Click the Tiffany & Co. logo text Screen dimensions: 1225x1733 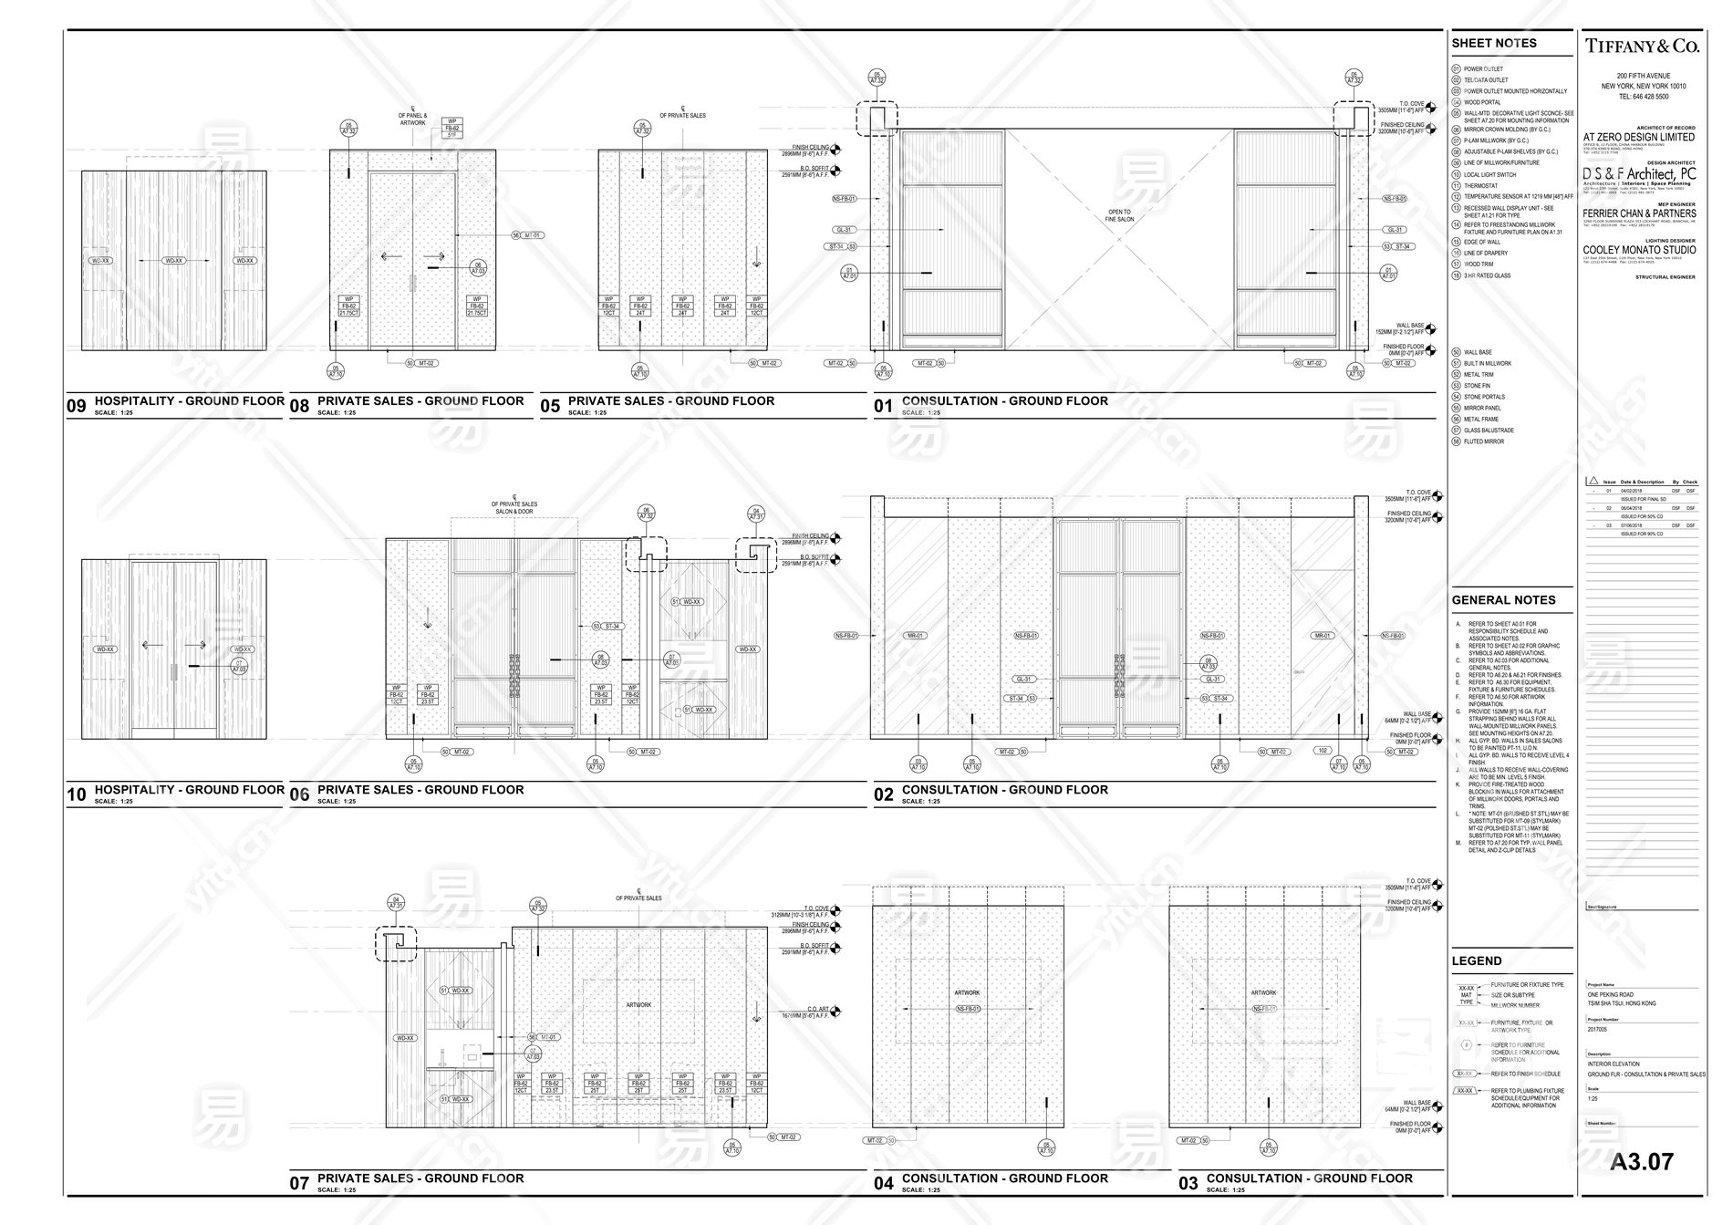[1641, 46]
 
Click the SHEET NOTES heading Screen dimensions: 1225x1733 [1494, 43]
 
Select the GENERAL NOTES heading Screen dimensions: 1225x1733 [1503, 600]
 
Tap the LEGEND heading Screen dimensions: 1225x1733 [1477, 960]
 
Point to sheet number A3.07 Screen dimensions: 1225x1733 [1641, 1161]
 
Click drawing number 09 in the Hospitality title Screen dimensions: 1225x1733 [77, 407]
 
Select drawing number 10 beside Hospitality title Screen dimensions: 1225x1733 [77, 794]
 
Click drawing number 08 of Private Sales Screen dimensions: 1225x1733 [300, 407]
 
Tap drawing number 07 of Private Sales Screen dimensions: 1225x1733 [300, 1183]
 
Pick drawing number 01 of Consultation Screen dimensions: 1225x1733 [883, 406]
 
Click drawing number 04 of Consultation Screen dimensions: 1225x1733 [883, 1183]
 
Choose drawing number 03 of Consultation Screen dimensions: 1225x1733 [1188, 1183]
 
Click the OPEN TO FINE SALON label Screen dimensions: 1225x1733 [1119, 215]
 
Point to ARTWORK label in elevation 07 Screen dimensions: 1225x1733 [638, 1004]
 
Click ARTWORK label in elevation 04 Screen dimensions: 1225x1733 [967, 992]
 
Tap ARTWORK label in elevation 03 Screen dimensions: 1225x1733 [1263, 992]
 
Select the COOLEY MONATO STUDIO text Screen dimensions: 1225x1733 [1639, 249]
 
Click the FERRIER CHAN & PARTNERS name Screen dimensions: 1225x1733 [1639, 213]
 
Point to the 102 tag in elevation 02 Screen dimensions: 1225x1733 [1322, 752]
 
